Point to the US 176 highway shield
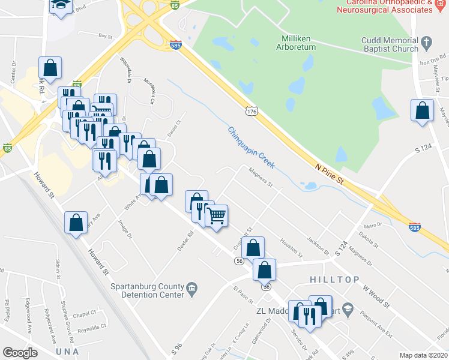[252, 111]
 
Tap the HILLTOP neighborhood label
[335, 280]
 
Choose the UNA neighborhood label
[67, 351]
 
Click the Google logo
[20, 353]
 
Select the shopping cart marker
[217, 215]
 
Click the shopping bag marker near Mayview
[423, 110]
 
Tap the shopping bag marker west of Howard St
[76, 223]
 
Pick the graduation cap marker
[59, 5]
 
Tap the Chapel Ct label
[84, 313]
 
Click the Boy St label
[106, 36]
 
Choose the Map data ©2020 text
[423, 355]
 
